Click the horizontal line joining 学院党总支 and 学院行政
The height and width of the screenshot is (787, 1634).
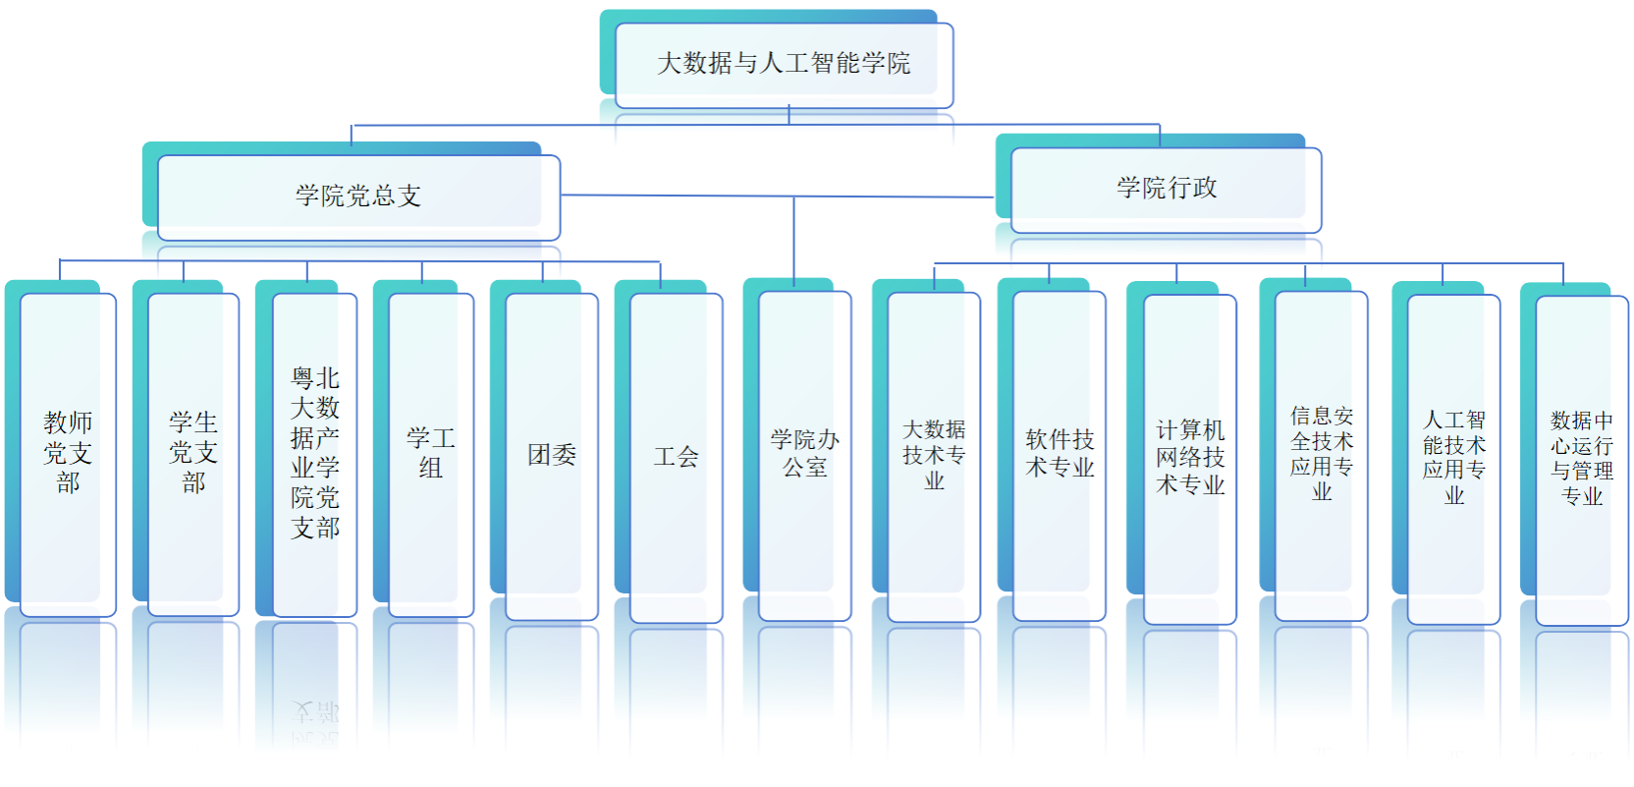click(778, 196)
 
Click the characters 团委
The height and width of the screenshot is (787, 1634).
click(552, 455)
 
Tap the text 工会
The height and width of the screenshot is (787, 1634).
click(677, 457)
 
